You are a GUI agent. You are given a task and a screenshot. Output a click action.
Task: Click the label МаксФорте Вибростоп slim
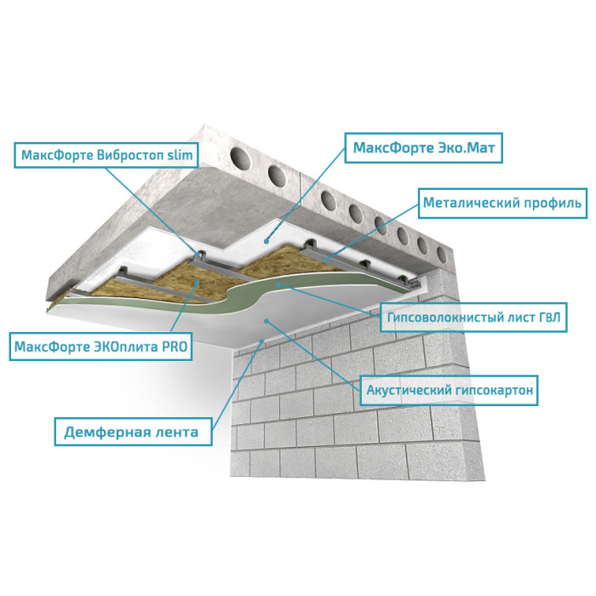point(106,155)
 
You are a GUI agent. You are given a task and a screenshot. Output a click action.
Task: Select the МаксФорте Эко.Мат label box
point(423,148)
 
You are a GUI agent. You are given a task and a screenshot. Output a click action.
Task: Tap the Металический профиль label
point(502,203)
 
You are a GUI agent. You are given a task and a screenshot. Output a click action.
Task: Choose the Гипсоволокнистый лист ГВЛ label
point(473,318)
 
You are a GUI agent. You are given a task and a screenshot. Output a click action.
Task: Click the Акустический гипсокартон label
point(449,390)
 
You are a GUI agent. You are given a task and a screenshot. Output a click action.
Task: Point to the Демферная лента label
point(133,432)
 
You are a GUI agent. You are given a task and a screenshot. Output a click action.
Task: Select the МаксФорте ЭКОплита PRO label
point(100,347)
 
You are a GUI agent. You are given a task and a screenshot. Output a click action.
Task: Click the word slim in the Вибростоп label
point(181,155)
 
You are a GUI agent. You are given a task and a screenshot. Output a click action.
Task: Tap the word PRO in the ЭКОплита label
point(175,347)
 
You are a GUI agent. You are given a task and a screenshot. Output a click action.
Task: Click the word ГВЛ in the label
point(550,318)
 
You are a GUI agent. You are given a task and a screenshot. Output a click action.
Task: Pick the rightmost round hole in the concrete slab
point(441,255)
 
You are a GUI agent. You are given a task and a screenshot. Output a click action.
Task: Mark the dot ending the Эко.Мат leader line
point(266,241)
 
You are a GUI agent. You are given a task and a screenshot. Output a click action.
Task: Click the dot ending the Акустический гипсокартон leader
point(266,321)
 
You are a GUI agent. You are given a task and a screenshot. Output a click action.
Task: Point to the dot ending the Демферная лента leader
point(261,341)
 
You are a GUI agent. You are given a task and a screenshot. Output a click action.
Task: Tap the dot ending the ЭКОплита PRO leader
point(198,282)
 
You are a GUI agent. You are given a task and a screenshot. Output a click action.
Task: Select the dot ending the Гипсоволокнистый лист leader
point(278,284)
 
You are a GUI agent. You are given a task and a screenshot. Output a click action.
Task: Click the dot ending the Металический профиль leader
point(327,260)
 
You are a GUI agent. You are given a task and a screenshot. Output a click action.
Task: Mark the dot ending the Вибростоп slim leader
point(198,252)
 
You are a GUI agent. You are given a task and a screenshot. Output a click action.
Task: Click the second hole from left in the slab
point(277,175)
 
